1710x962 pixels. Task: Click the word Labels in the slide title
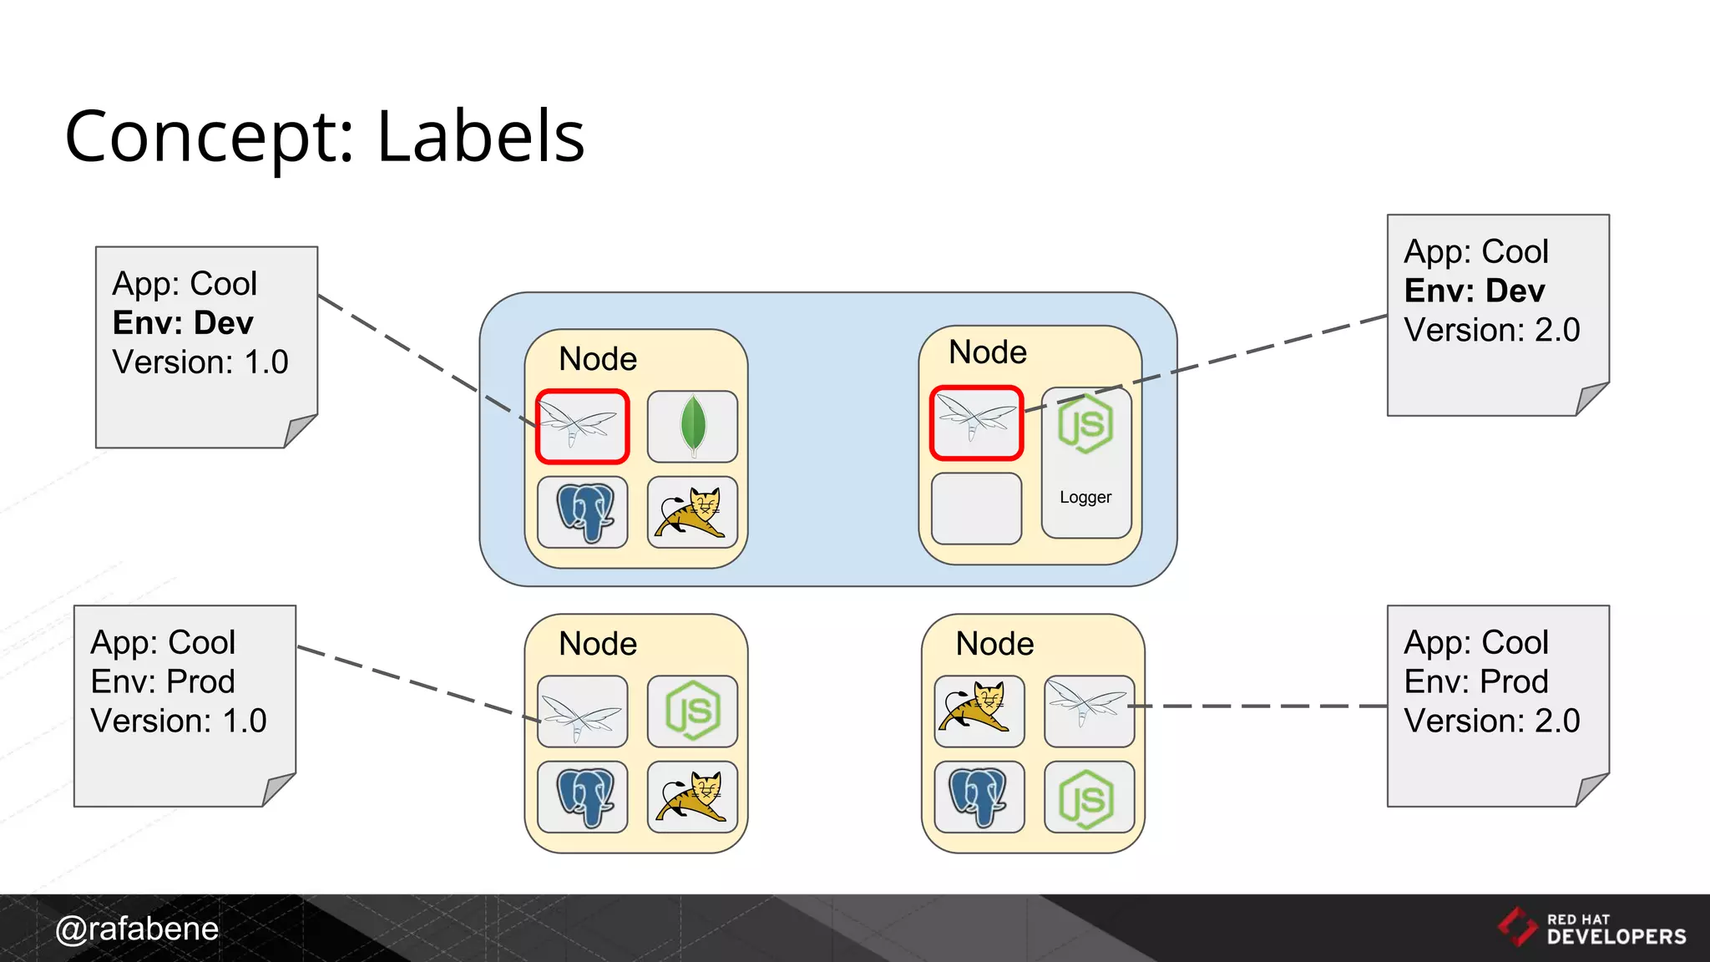[481, 137]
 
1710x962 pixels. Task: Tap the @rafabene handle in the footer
[137, 929]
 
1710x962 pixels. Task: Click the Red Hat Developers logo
[1591, 928]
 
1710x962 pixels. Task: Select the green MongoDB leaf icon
[692, 426]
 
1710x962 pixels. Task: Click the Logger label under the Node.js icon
[1085, 498]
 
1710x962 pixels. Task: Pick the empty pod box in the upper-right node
[976, 509]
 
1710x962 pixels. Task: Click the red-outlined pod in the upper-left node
[582, 426]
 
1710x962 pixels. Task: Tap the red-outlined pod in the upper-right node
[976, 423]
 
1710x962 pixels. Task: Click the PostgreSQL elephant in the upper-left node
[583, 512]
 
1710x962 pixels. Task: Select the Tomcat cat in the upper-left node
[692, 512]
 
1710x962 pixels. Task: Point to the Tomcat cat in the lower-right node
[979, 711]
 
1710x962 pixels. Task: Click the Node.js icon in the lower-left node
[692, 711]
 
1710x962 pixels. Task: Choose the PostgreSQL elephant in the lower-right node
[979, 797]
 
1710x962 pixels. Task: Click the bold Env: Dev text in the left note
[183, 323]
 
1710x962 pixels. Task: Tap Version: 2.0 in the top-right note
[1492, 331]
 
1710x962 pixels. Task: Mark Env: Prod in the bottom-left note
[163, 682]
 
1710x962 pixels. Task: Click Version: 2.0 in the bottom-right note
[1492, 721]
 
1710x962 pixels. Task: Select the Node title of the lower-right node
[994, 644]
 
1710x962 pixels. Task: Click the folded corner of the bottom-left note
[277, 789]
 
